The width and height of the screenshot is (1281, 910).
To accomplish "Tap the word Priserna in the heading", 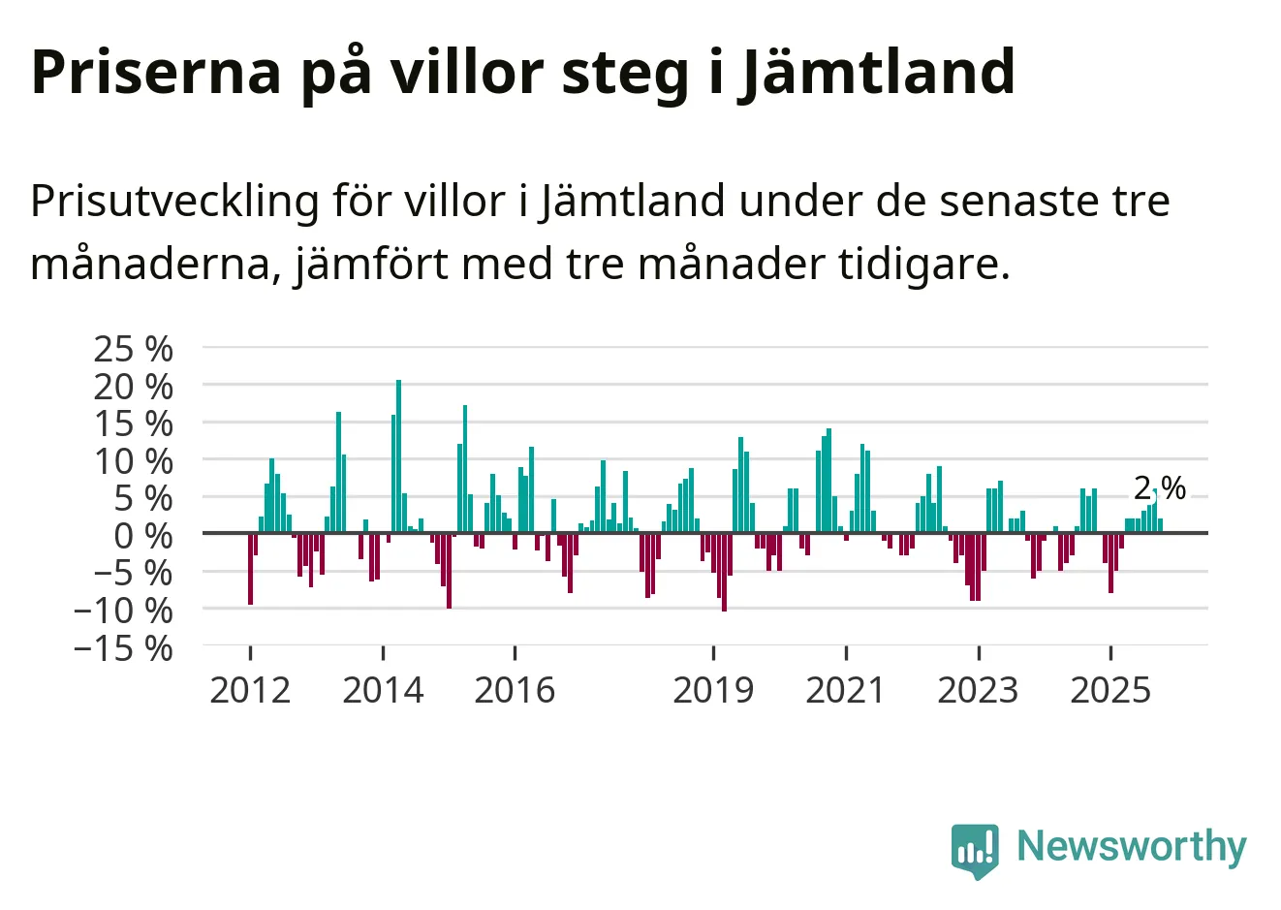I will [x=155, y=73].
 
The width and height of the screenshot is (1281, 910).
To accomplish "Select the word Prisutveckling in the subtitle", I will [x=174, y=202].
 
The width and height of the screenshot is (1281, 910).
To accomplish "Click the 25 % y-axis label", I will [x=133, y=349].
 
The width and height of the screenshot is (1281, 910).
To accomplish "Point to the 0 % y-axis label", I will [x=143, y=535].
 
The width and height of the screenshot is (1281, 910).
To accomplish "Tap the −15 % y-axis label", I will [x=123, y=647].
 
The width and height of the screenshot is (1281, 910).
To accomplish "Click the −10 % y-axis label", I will [x=123, y=611].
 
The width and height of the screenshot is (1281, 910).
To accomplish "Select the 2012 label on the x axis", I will [x=250, y=690].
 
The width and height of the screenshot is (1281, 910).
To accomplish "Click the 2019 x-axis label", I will [x=713, y=690].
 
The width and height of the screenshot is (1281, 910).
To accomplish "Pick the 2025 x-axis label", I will [x=1110, y=690].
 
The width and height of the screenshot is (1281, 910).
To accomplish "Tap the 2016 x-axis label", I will [x=515, y=690].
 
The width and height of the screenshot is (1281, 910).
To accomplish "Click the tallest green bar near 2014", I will [x=398, y=455].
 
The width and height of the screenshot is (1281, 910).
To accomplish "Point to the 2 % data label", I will [x=1160, y=488].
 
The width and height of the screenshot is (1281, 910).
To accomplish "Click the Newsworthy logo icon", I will [x=974, y=850].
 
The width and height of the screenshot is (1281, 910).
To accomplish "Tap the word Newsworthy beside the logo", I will [x=1131, y=847].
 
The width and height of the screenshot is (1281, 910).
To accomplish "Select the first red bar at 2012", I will [x=250, y=569].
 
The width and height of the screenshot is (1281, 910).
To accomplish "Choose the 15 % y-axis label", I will [x=133, y=424].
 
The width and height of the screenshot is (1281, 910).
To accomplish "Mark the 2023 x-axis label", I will [x=978, y=690].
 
